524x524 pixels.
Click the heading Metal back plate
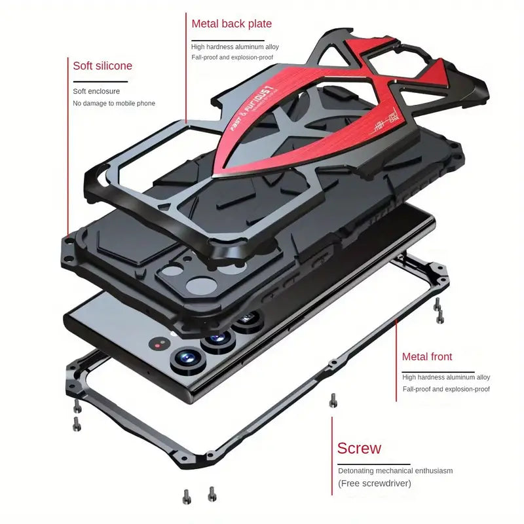tap(231, 24)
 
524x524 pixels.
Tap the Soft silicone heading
tap(102, 65)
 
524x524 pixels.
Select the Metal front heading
tap(427, 357)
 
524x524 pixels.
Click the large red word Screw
tap(359, 449)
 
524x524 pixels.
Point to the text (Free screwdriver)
tap(375, 483)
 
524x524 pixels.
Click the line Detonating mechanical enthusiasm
tap(395, 470)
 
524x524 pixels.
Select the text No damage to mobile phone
tap(114, 103)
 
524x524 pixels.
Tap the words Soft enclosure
tap(96, 91)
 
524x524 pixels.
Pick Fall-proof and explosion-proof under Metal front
tap(446, 389)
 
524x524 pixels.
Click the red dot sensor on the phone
tap(157, 344)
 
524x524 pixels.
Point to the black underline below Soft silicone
tap(100, 81)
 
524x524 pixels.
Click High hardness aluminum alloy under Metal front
tap(446, 377)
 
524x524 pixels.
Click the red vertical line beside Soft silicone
tap(67, 144)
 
